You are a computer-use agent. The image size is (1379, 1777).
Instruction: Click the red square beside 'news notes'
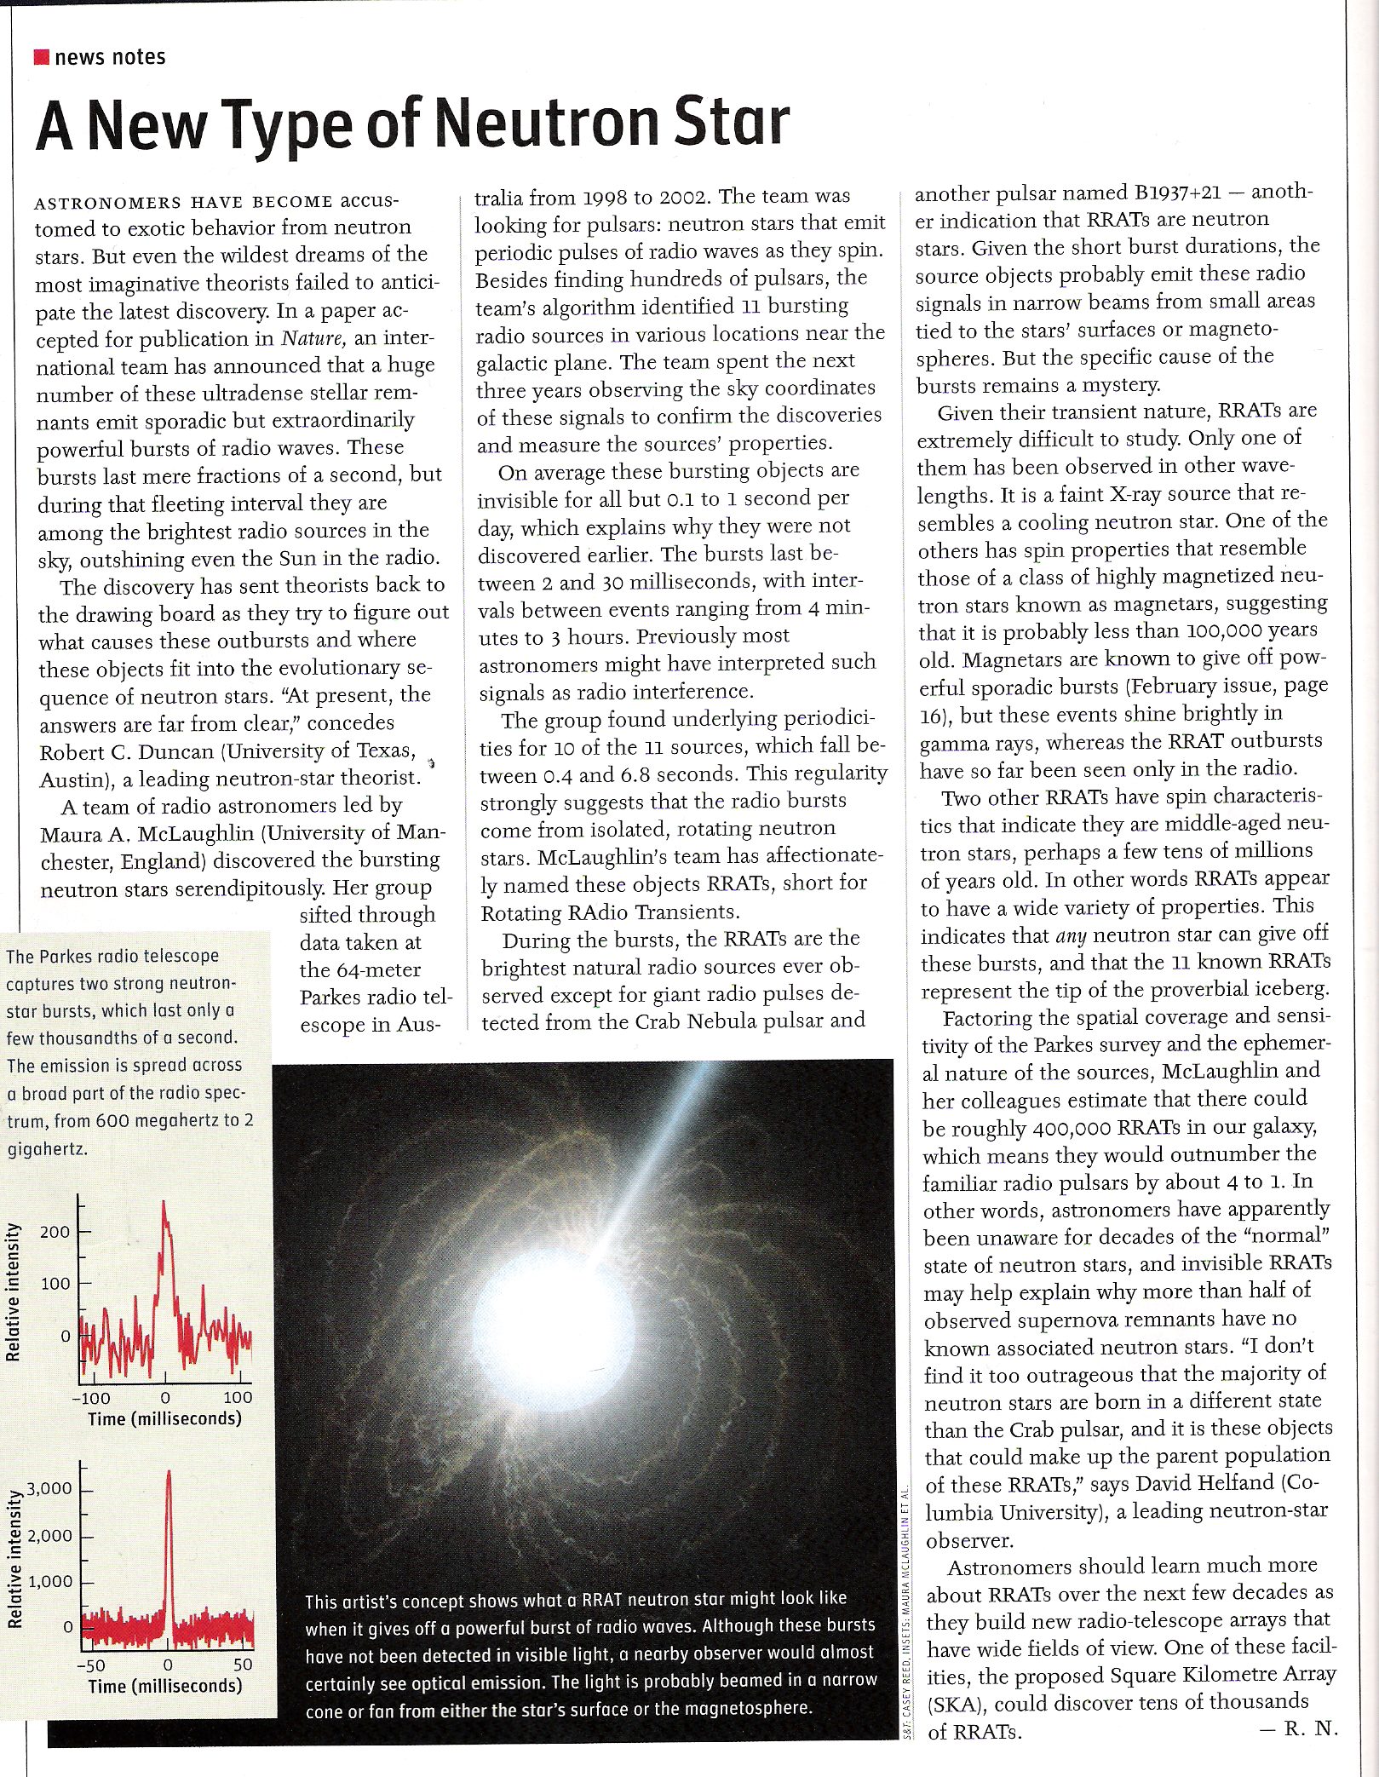41,57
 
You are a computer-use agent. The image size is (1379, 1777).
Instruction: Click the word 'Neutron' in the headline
546,124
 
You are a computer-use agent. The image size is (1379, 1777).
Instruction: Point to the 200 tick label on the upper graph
55,1232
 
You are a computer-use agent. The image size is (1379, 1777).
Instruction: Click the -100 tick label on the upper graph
90,1397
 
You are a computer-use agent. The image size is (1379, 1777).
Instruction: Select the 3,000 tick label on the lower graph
49,1488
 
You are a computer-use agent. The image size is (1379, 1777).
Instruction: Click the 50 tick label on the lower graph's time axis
243,1664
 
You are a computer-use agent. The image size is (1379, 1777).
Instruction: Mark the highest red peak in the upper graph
164,1202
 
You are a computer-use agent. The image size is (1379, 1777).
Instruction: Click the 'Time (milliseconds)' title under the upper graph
164,1418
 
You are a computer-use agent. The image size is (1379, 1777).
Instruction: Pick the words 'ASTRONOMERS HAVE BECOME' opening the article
183,203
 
